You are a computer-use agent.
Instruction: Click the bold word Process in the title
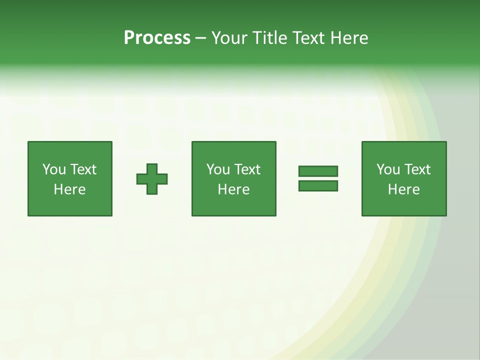157,38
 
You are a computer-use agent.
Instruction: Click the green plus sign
152,179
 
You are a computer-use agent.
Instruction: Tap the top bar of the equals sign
318,171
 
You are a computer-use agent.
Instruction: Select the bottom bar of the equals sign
318,186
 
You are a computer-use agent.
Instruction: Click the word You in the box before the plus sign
54,169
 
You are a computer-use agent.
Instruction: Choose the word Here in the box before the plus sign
69,189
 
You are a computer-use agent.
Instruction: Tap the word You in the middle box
218,169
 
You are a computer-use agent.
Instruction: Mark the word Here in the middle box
233,189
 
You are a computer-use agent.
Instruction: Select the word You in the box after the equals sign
388,169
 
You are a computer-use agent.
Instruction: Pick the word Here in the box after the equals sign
403,189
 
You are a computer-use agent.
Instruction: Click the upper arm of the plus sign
152,168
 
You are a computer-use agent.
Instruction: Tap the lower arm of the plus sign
152,189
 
